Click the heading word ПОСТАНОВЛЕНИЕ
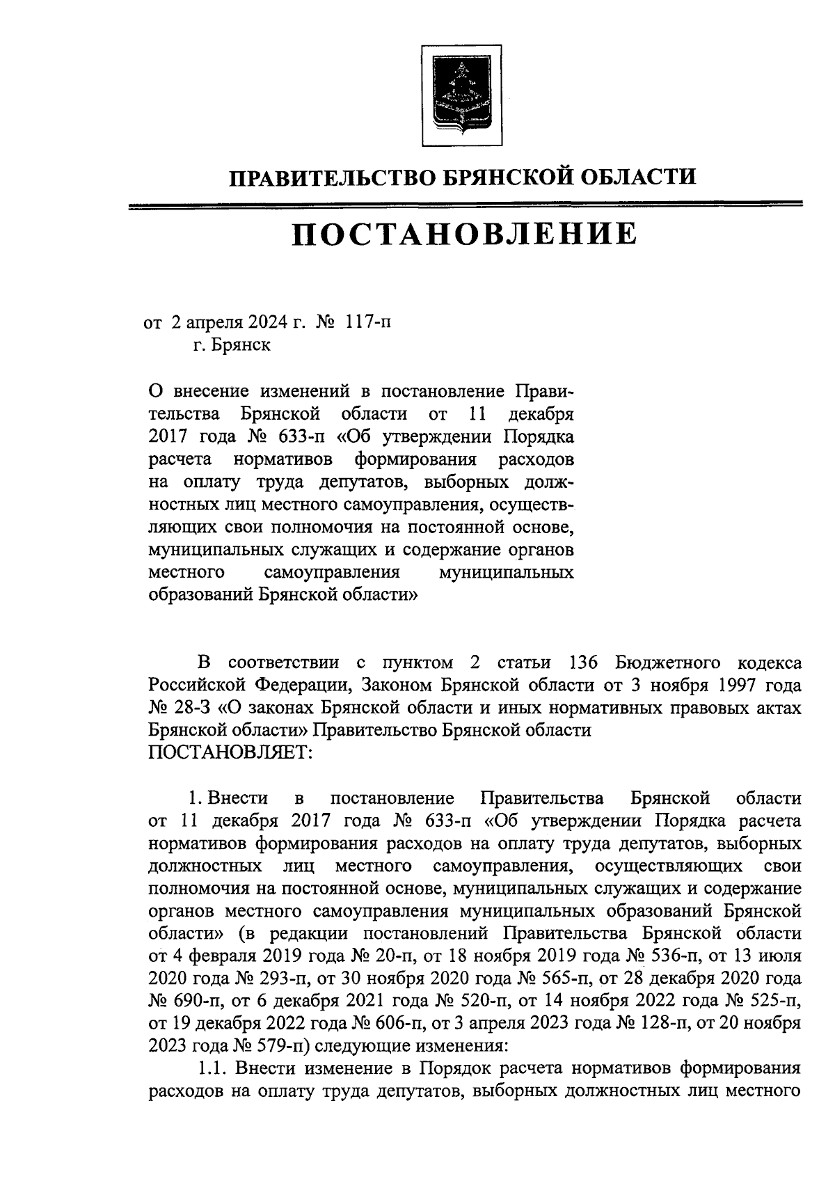coord(463,234)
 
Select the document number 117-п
coord(368,323)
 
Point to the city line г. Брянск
coord(233,346)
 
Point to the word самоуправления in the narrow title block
coord(331,572)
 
